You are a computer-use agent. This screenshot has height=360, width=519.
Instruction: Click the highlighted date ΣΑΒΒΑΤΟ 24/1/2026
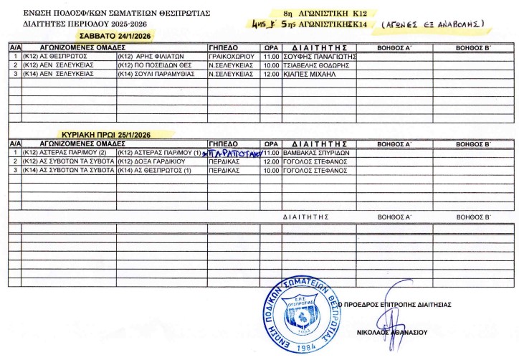tap(108, 36)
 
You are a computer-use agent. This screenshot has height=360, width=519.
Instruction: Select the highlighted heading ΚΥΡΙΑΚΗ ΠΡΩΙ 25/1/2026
tap(107, 133)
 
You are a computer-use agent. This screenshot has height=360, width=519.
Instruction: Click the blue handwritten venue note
tap(234, 153)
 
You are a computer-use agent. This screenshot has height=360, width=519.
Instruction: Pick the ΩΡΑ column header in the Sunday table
tap(271, 143)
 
